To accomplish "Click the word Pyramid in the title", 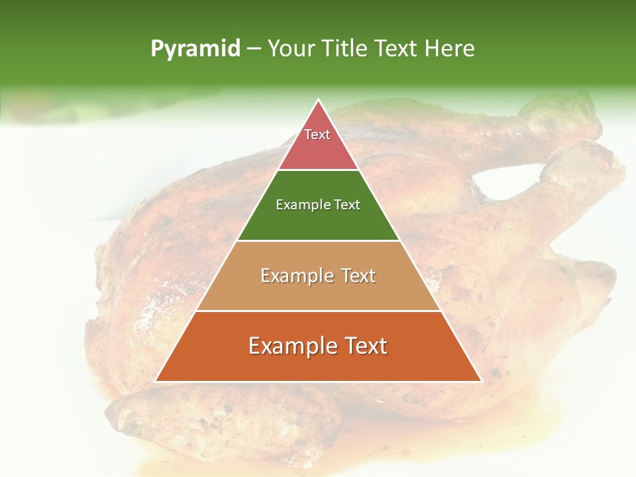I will coord(195,49).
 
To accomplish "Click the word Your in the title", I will coord(291,48).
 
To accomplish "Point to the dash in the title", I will coord(253,49).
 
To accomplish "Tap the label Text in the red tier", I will coord(317,134).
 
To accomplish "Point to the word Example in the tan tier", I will coord(295,276).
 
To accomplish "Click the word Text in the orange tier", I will coord(365,346).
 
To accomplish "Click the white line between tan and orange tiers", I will coord(318,311).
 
